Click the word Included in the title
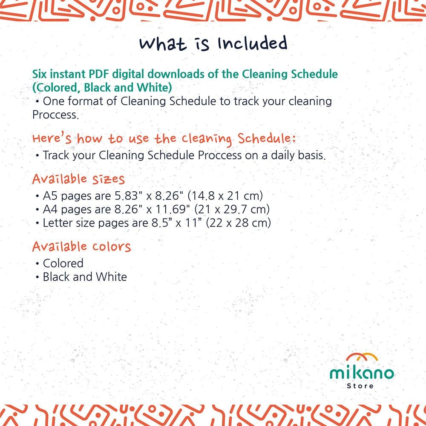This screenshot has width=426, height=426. point(252,43)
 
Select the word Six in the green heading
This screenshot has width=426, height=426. point(40,74)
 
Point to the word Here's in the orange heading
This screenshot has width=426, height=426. point(52,138)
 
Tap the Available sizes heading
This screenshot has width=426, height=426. point(78,179)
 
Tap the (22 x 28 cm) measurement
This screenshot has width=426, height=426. point(239,223)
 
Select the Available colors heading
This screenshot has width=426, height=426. point(81,246)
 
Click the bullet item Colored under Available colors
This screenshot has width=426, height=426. point(63,263)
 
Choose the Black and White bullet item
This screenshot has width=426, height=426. point(85,277)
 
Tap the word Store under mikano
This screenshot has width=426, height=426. point(360,386)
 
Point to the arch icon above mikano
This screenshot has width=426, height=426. point(362,357)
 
